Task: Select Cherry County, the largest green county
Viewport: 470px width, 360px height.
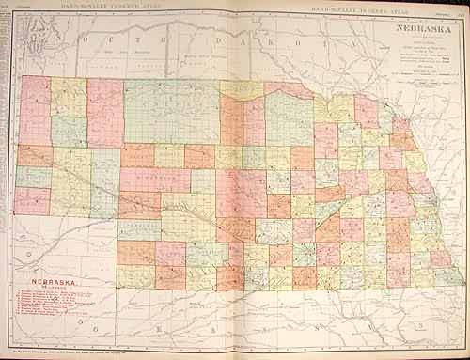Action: [171, 111]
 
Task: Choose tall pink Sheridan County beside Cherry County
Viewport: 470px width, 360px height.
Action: [105, 113]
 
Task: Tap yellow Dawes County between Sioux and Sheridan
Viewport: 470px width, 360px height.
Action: [69, 98]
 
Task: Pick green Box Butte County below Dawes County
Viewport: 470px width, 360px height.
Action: [69, 131]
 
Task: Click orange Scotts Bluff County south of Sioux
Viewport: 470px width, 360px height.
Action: [34, 156]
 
